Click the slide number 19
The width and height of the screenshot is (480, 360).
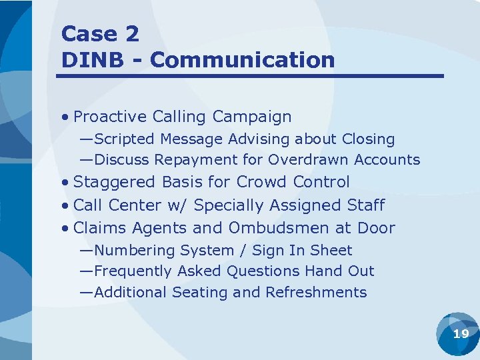[461, 334]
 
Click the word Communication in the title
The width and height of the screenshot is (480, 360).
[243, 60]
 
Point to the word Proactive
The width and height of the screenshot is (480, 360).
[110, 117]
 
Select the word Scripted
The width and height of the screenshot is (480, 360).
[124, 139]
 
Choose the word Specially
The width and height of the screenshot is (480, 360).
[225, 205]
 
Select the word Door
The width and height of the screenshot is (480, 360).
[376, 228]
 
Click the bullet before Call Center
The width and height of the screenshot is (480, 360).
[65, 205]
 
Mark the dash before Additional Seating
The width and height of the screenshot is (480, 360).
[86, 293]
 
